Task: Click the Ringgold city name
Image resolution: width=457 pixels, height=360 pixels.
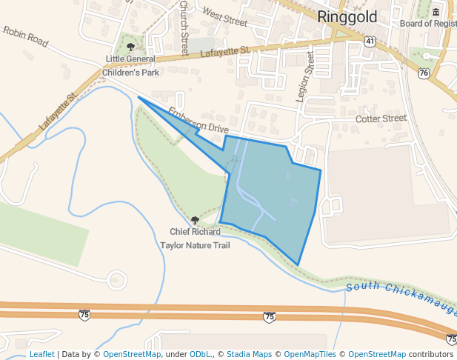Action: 347,17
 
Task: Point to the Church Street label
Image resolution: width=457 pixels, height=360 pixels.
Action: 184,28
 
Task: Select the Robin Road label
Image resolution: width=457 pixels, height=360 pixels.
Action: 25,37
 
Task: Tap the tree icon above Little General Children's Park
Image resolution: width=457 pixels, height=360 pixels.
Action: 131,47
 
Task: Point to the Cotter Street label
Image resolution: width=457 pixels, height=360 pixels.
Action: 381,119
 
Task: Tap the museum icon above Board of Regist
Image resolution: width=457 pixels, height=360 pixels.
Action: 435,12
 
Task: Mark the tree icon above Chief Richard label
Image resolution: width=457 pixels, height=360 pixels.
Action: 195,220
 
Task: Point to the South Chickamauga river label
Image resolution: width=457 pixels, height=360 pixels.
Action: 400,298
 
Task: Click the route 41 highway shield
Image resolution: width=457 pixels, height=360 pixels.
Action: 370,41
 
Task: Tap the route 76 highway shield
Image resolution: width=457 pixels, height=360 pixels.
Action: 424,73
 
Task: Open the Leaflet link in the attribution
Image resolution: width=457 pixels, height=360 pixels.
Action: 41,354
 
